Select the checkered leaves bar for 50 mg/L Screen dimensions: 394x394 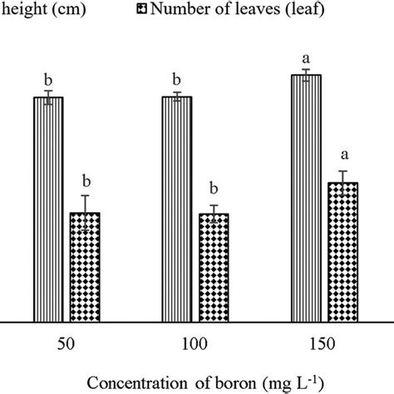click(84, 267)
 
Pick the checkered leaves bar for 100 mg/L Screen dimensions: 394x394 click(214, 268)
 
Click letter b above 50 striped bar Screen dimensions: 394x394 click(48, 81)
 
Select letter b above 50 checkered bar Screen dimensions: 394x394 click(84, 182)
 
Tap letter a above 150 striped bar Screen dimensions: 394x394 click(306, 58)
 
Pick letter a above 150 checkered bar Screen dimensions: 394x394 click(342, 156)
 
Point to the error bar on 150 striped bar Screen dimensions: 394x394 click(306, 75)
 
